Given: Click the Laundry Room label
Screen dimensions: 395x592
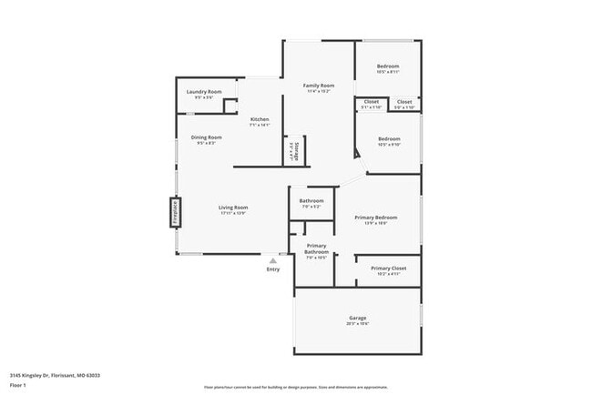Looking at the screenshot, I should tap(204, 92).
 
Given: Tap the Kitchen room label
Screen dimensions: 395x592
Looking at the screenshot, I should tap(260, 120).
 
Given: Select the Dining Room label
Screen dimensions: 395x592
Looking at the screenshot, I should tap(209, 137).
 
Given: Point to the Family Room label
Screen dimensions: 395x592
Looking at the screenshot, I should tap(319, 86).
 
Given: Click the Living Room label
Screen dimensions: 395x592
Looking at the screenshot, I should tap(233, 208).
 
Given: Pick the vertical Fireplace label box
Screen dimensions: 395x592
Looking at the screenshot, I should tap(172, 212).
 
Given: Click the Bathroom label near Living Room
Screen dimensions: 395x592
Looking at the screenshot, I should tap(311, 200).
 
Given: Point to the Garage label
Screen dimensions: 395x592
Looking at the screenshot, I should tap(357, 319).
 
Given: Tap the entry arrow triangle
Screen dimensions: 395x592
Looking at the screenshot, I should tap(272, 260).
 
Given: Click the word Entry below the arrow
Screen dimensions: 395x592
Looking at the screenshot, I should tap(273, 269).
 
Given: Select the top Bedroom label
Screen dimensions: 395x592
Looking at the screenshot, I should tap(388, 66).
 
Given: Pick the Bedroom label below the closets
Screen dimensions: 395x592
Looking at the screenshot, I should tap(389, 140).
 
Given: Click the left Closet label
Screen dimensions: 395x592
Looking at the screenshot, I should tap(372, 102).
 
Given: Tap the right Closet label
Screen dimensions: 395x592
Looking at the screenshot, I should tap(404, 102).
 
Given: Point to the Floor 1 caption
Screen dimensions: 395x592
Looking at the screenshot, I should tap(19, 385).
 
